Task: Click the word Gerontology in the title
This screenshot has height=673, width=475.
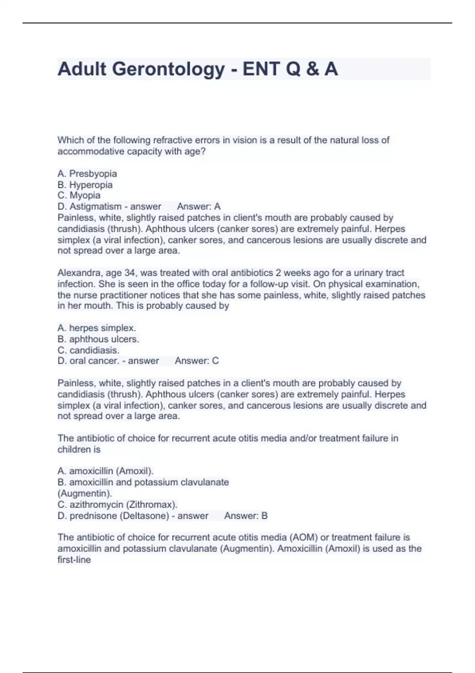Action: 169,69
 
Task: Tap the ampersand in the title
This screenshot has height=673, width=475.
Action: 312,69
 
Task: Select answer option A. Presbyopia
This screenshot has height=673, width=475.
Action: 87,174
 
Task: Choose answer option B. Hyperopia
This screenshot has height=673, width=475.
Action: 85,185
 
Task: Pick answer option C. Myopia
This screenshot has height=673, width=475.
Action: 79,196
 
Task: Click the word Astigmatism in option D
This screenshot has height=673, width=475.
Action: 95,207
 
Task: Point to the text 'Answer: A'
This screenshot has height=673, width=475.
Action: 199,207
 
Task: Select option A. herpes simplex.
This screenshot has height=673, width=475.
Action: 97,328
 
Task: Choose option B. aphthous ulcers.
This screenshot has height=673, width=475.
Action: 98,339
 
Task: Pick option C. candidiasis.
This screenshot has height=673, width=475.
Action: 88,350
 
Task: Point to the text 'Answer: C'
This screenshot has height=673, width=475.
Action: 197,361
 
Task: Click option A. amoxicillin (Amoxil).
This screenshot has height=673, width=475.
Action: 105,471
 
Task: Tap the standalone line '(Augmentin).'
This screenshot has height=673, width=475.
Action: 85,494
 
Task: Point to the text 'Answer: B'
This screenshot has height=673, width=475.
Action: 246,516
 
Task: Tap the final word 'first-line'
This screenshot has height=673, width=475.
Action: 74,560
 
